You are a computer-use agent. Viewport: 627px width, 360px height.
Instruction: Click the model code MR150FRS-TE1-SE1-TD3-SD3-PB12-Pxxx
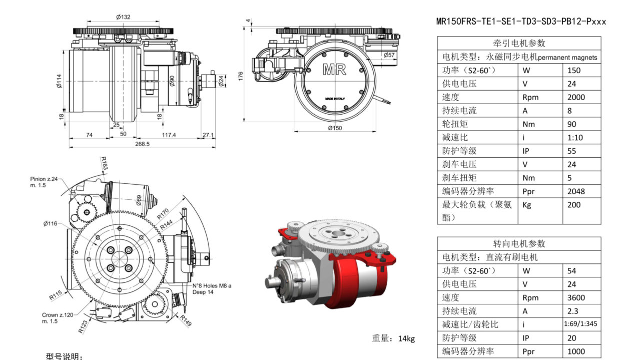coord(521,22)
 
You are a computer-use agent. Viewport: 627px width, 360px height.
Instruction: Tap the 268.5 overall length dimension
coord(142,144)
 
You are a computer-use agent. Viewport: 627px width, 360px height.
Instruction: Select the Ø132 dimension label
coord(123,17)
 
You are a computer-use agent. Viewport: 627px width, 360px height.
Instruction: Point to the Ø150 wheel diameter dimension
coord(335,128)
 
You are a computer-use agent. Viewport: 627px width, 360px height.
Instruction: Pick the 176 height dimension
coord(241,76)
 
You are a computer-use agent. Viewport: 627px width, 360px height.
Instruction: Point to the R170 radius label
coord(163,213)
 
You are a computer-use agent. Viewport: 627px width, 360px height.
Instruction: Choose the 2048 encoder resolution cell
coord(576,191)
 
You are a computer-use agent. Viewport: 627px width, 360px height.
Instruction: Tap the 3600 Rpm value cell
coord(576,297)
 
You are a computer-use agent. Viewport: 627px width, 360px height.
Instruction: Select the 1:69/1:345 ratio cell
coord(581,324)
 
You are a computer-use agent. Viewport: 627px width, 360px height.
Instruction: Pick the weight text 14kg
coord(393,338)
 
